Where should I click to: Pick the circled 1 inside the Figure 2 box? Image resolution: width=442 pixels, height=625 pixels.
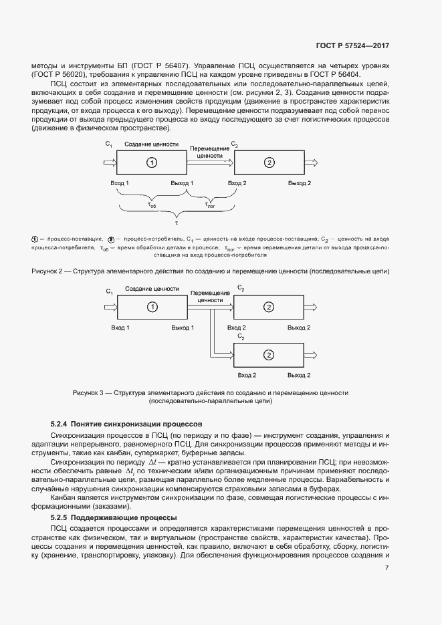click(152, 162)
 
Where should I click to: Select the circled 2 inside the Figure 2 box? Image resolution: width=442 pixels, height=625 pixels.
click(269, 162)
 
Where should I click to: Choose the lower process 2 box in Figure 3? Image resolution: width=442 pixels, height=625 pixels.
click(269, 354)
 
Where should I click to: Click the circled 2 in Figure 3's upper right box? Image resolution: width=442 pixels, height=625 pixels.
click(269, 307)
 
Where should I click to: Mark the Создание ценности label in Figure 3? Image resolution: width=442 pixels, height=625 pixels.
click(152, 289)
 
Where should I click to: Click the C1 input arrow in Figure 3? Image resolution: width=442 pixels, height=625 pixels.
click(108, 307)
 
